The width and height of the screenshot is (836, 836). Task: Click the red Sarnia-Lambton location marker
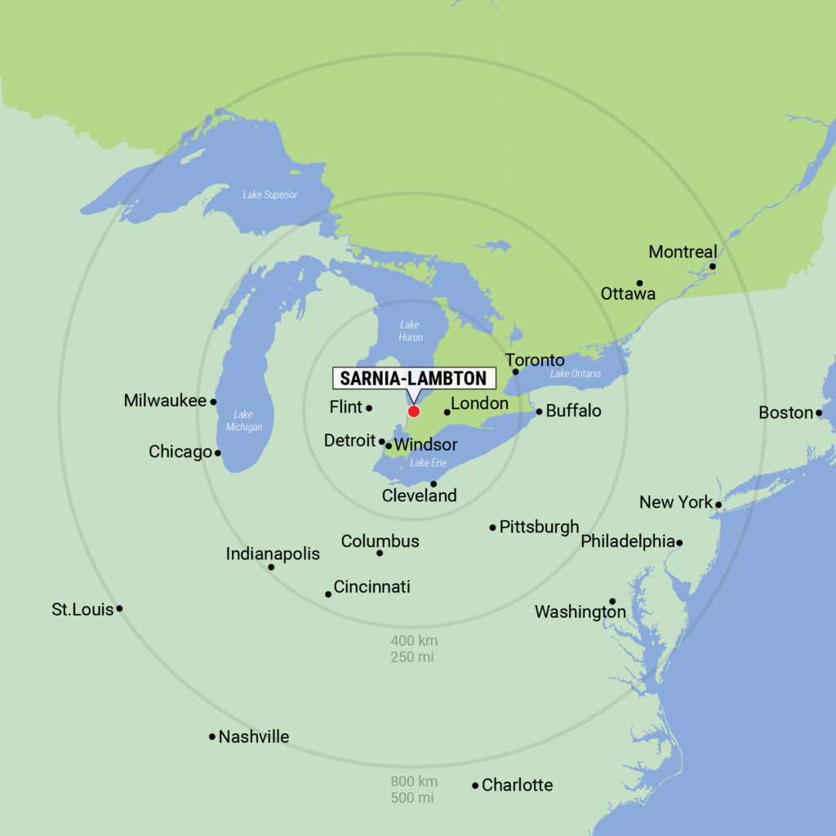(414, 411)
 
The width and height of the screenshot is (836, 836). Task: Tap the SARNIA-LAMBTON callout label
(413, 378)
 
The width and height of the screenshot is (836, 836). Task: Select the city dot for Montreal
(713, 266)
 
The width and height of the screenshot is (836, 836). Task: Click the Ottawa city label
(628, 293)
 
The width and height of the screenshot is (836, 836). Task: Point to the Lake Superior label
(269, 195)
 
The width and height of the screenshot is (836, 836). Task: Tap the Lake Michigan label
(242, 420)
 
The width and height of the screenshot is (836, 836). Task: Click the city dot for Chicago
(217, 453)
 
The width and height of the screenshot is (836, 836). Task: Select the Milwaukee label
(165, 401)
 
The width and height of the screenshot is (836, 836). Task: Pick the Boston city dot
(819, 413)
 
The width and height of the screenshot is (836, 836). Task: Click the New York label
(675, 502)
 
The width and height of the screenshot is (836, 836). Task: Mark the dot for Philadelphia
(679, 542)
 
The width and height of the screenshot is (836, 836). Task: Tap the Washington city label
(580, 611)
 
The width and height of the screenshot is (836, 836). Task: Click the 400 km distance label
(414, 641)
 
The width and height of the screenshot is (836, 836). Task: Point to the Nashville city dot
(212, 736)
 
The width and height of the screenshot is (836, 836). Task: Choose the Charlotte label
(517, 785)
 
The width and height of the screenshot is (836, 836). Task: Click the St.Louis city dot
(119, 608)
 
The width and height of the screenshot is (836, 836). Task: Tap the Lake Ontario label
(575, 374)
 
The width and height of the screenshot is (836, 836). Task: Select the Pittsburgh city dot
(493, 527)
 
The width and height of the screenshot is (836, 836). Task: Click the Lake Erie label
(428, 463)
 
